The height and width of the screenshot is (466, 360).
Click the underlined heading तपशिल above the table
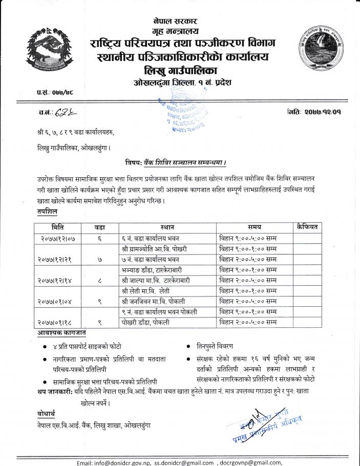(48, 211)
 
